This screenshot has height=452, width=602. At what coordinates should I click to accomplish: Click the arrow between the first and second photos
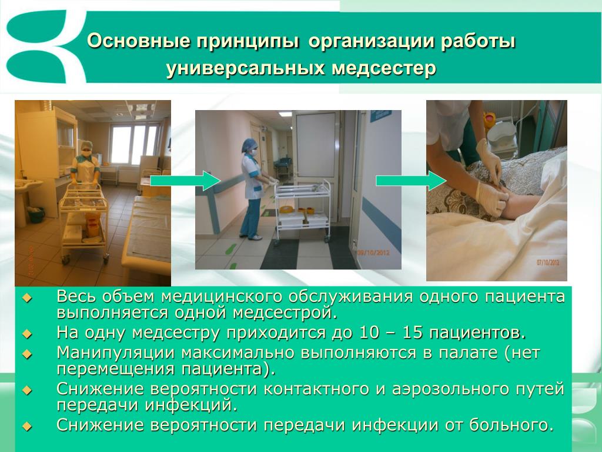click(x=185, y=181)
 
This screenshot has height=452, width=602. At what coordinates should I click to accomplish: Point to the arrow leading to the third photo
click(x=411, y=181)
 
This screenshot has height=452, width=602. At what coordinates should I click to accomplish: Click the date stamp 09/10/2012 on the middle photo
click(x=373, y=252)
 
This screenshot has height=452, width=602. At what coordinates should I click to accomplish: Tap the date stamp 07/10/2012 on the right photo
click(x=548, y=262)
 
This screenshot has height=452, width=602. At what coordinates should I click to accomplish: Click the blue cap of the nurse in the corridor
click(x=249, y=145)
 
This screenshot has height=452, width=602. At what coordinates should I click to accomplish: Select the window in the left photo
click(x=134, y=144)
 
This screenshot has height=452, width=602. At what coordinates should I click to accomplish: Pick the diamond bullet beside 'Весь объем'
click(x=27, y=297)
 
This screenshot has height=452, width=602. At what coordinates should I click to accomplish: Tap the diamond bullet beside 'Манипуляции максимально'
click(x=27, y=354)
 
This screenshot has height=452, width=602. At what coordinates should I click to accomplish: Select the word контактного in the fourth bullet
click(x=316, y=390)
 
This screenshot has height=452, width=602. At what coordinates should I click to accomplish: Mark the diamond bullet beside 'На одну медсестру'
click(x=27, y=334)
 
